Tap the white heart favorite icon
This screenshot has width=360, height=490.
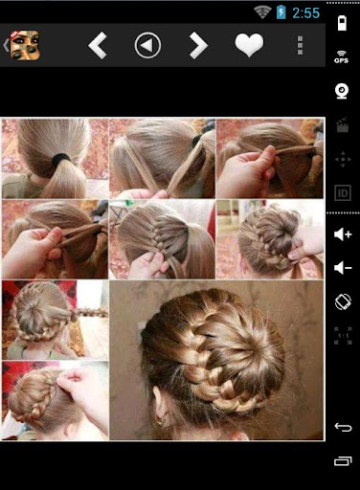(249, 45)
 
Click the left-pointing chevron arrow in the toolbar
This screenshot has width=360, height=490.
(98, 45)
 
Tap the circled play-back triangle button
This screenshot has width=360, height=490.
(147, 45)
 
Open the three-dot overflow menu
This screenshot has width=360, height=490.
(300, 45)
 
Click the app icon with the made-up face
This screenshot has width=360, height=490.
(25, 45)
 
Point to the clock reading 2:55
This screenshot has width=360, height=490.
(305, 13)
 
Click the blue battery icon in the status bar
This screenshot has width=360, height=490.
(281, 12)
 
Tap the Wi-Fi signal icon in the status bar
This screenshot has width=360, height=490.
(262, 12)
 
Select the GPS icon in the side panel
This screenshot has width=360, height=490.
(342, 56)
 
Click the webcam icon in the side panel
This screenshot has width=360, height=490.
(342, 91)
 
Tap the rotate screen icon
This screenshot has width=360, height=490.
(343, 301)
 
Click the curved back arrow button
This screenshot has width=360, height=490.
(343, 427)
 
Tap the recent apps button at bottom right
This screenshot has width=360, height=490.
(343, 461)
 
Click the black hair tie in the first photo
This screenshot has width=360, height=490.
(61, 158)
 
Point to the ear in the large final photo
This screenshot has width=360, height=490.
(161, 406)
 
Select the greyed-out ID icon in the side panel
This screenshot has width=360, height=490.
(343, 193)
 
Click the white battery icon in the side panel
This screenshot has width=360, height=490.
(342, 23)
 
